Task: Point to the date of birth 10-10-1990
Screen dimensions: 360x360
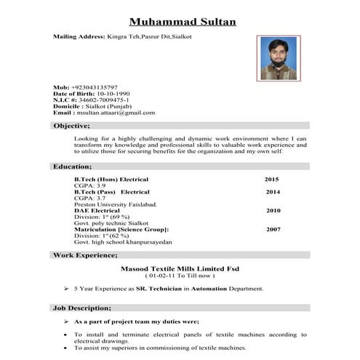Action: (113, 93)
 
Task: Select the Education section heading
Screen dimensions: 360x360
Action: (72, 167)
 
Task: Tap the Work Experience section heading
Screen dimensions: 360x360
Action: (86, 255)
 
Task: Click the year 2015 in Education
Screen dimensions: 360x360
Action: (271, 179)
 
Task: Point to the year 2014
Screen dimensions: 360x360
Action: (273, 192)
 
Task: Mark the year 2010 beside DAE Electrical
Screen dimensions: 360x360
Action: (273, 211)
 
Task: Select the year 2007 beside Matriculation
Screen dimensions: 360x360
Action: (273, 229)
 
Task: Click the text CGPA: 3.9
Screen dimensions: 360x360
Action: (90, 185)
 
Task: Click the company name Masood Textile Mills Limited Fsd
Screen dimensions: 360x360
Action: (180, 268)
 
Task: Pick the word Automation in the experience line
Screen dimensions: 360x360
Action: (209, 289)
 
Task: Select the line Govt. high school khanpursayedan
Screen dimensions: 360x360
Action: (123, 241)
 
